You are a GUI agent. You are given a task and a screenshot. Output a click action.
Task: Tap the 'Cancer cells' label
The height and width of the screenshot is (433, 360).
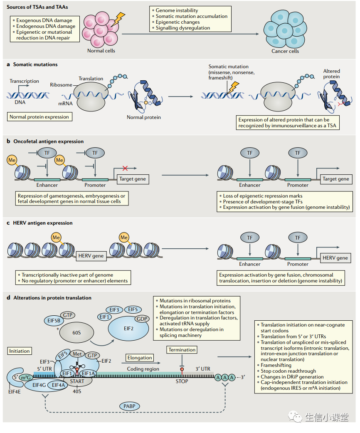click(285, 51)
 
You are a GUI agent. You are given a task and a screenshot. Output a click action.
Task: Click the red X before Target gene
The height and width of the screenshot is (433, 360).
click(125, 168)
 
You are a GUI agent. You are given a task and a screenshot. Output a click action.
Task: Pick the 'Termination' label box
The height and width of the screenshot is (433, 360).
click(182, 350)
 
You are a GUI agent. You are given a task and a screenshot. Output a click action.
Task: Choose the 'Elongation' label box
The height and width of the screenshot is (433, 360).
click(140, 358)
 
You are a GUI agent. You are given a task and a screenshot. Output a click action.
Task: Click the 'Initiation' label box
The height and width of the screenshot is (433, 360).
click(20, 351)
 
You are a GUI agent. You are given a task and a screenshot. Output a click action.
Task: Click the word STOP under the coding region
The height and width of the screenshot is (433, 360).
click(182, 381)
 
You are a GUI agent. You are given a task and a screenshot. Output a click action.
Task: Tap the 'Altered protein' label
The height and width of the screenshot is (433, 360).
click(331, 74)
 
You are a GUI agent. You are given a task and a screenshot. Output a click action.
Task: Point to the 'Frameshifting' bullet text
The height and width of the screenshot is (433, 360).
click(276, 365)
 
